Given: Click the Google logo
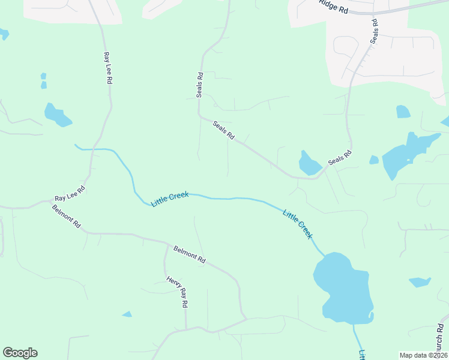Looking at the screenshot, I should (20, 353).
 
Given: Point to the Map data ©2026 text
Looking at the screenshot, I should (423, 355).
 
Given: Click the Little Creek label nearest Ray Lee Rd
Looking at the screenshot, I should (170, 199).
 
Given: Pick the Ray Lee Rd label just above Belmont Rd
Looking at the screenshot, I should (70, 193).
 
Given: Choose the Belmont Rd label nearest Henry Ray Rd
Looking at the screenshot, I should (190, 255).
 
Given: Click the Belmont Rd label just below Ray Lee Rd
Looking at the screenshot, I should (66, 216).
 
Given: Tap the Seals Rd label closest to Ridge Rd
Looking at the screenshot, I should (375, 31).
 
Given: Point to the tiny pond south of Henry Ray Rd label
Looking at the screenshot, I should (127, 314).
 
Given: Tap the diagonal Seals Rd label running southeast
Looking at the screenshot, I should (223, 130).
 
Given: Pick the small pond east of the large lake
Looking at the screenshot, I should (420, 281).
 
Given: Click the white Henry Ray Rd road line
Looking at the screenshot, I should (166, 264).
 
